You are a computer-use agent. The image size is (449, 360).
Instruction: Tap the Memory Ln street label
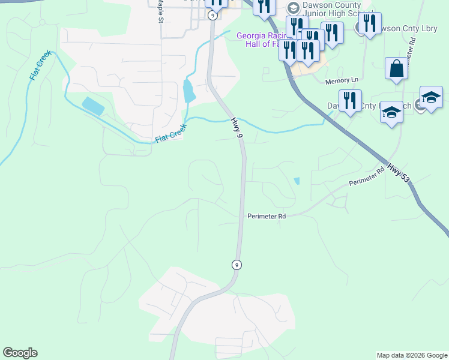[342, 80]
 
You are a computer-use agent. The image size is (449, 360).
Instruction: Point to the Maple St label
[160, 11]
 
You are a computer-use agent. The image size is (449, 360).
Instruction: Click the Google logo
[20, 353]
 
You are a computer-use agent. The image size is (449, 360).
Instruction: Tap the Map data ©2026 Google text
[411, 355]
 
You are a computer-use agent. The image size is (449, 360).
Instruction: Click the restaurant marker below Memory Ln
[349, 101]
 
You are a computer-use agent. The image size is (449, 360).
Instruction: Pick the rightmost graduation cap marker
[431, 98]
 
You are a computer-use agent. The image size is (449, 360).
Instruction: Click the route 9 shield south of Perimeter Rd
[237, 265]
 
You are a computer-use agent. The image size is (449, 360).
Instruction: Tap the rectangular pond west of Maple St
[92, 106]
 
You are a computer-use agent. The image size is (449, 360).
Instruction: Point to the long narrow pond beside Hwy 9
[188, 91]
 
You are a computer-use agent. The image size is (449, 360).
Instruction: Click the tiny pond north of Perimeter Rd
[297, 181]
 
